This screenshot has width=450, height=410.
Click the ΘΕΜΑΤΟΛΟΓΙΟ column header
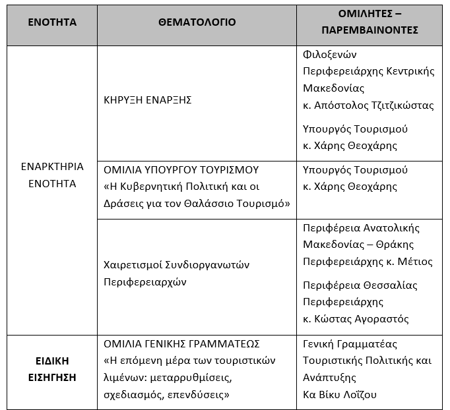(x=197, y=22)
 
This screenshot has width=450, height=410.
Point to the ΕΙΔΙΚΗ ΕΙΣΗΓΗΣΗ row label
(x=52, y=369)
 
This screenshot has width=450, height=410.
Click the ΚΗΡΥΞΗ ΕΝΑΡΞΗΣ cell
(x=148, y=100)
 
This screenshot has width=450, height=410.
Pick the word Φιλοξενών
(x=325, y=54)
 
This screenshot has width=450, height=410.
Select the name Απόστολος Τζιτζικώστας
(x=377, y=105)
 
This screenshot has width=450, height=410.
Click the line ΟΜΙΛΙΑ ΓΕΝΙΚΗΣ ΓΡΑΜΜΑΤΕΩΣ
(x=182, y=344)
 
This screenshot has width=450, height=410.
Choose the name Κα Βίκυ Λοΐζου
(x=340, y=394)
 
